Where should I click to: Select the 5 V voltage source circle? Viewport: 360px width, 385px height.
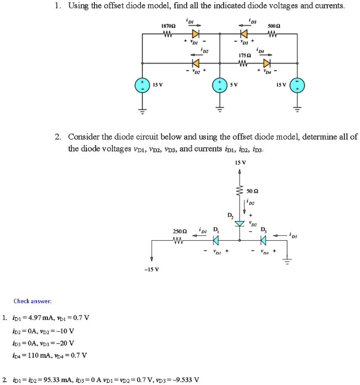[x=219, y=85]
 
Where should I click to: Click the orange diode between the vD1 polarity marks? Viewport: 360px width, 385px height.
[x=195, y=34]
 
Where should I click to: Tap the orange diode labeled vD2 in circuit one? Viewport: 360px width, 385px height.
[x=194, y=64]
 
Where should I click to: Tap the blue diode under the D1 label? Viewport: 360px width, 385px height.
[x=216, y=240]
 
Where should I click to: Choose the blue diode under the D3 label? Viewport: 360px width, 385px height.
[x=263, y=240]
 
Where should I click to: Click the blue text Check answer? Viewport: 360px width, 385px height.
[x=32, y=301]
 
